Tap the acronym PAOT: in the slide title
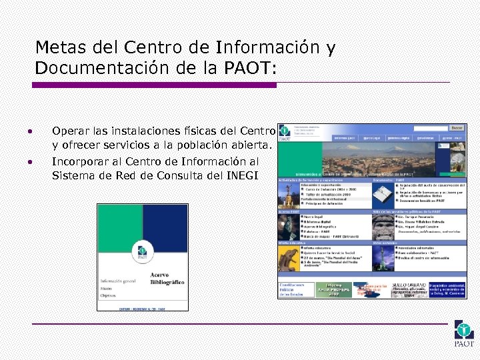point(256,68)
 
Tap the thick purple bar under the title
point(153,85)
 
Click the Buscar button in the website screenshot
point(457,127)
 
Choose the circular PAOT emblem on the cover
point(142,252)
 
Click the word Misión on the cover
point(107,288)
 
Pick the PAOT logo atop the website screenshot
point(285,132)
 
